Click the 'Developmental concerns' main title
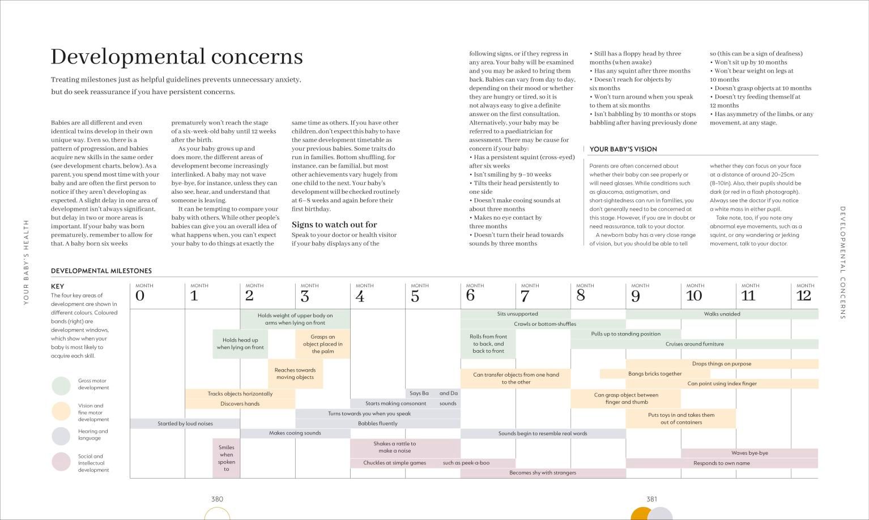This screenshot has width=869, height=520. tap(177, 57)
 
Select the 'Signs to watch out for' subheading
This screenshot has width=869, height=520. tap(334, 225)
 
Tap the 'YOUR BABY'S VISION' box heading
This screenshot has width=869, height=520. tap(623, 149)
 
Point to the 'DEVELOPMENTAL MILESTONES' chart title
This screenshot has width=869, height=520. tap(101, 271)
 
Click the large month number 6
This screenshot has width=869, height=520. tap(470, 296)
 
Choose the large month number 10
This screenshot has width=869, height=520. tap(694, 296)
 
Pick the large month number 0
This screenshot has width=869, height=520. tap(140, 296)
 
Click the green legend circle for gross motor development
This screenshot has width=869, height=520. tap(61, 386)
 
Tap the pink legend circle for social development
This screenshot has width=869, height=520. tap(61, 462)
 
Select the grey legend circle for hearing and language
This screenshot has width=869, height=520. tap(61, 436)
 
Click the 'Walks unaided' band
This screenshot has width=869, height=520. tap(722, 314)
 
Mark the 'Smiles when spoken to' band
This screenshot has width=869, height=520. tap(226, 458)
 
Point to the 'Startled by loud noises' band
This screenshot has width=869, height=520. tap(185, 423)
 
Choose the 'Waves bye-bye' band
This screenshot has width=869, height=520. tap(749, 453)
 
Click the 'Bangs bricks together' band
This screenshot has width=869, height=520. tap(655, 374)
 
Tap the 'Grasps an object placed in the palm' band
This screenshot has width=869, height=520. tap(323, 344)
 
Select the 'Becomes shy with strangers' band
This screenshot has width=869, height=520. tap(543, 472)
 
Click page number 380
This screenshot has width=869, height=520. tap(218, 499)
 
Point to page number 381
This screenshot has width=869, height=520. tap(651, 499)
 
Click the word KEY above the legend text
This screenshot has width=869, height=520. tap(57, 287)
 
